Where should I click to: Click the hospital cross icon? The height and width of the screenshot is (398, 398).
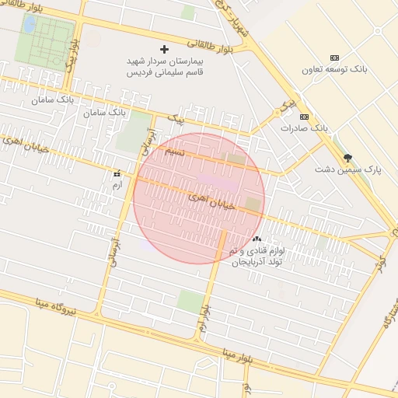(164, 49)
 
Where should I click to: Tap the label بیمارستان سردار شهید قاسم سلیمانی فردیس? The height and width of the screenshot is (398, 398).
(164, 65)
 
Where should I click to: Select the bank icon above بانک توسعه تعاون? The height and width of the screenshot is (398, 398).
(335, 58)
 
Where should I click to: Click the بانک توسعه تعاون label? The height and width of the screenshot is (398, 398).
(335, 70)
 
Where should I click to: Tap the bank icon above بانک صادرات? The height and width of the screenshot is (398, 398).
(304, 117)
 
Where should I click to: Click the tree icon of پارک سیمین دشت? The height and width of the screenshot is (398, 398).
(347, 157)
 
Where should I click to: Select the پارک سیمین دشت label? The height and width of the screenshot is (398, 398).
(346, 169)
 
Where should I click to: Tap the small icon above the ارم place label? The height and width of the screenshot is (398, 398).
(117, 174)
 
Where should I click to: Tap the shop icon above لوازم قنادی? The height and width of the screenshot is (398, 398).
(257, 239)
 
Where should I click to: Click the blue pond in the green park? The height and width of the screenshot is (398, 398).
(30, 25)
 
